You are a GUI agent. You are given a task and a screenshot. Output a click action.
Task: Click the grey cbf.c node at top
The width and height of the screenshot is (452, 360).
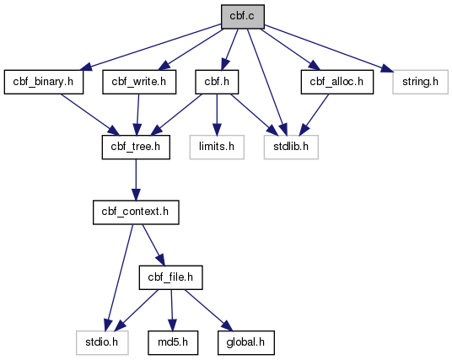(x=243, y=17)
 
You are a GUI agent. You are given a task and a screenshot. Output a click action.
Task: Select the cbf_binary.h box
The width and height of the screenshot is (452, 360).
(x=44, y=82)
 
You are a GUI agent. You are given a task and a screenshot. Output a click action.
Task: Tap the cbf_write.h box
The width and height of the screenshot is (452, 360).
(x=139, y=82)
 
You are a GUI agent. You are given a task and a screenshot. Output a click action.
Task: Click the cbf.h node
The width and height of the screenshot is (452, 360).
(x=217, y=82)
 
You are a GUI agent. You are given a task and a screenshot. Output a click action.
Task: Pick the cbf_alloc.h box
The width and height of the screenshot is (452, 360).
(x=337, y=82)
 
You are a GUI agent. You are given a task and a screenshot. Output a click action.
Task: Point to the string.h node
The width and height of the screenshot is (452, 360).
(x=420, y=82)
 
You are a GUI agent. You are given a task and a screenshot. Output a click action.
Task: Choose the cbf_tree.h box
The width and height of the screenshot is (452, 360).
(x=136, y=147)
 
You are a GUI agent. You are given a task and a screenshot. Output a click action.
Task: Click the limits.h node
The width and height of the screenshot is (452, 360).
(x=217, y=147)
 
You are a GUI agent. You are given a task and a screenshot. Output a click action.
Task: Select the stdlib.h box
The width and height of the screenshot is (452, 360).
(x=291, y=147)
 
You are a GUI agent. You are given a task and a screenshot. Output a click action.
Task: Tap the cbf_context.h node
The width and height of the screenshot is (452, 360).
(x=136, y=212)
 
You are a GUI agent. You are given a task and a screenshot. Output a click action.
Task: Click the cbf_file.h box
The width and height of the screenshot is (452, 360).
(x=170, y=277)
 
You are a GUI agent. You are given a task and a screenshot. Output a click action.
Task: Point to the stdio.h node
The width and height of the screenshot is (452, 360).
(x=102, y=342)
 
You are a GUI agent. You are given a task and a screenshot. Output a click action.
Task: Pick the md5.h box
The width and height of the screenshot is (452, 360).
(x=173, y=342)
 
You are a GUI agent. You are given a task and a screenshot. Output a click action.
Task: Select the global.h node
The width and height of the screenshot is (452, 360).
(x=246, y=342)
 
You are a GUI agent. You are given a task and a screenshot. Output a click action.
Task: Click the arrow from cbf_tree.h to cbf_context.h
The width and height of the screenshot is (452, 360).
(x=136, y=180)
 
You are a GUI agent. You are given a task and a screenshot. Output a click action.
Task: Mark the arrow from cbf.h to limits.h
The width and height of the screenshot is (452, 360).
(x=217, y=115)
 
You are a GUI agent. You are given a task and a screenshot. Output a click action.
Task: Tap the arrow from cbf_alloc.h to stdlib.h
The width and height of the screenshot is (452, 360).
(x=314, y=115)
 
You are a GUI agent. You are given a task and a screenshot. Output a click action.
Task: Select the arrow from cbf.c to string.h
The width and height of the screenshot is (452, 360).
(x=329, y=48)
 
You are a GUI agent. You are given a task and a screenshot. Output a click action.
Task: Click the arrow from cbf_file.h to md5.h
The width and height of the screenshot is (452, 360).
(x=172, y=310)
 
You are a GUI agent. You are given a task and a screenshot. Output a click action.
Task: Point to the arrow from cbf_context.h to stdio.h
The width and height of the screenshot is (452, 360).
(x=120, y=277)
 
